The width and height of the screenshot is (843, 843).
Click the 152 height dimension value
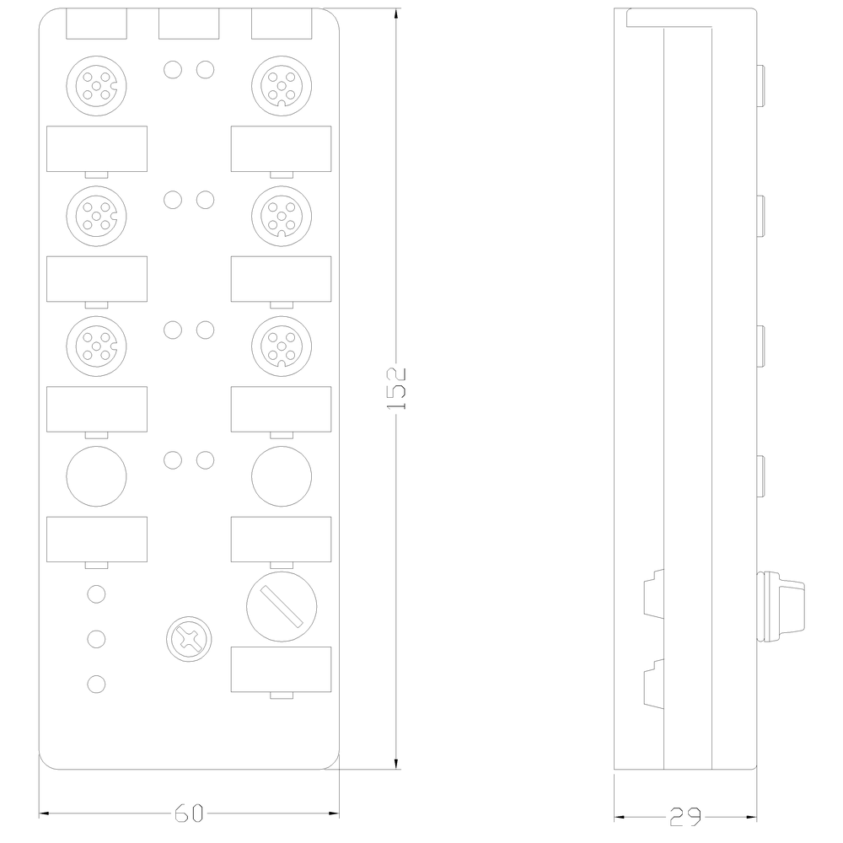coord(396,389)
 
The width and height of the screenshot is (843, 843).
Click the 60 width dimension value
coord(189,813)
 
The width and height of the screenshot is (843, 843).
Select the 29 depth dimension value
coord(685,817)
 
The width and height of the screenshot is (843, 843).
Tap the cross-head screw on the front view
coord(189,639)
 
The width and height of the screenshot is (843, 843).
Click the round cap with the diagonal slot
coord(282,606)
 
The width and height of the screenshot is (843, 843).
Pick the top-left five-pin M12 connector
coord(96,85)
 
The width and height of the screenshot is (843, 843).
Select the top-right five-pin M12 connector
coord(282,85)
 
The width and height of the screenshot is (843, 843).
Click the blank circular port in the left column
coord(96,475)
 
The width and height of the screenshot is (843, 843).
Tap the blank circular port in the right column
coord(282,475)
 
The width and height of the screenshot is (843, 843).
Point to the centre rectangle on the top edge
coord(189,24)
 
